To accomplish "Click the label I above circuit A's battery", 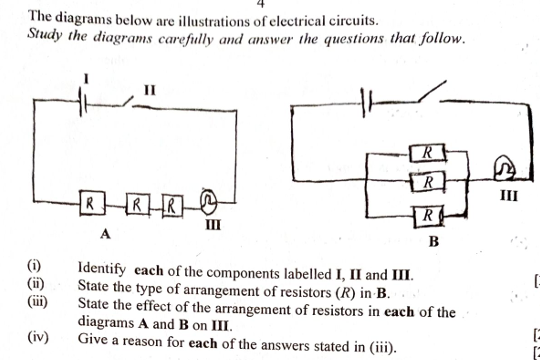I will point(87,76).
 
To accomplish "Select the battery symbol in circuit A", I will point(87,101).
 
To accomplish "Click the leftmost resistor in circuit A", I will point(91,204).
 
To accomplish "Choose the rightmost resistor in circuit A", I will point(172,207).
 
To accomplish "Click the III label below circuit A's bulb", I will point(211,225).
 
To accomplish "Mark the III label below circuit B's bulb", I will point(507,194).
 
